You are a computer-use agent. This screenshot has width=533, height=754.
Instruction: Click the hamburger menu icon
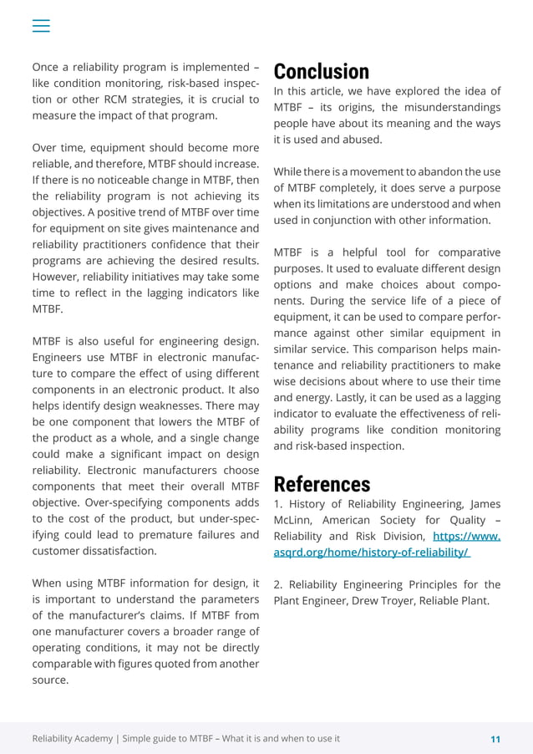(x=41, y=26)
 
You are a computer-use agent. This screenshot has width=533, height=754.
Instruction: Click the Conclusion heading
(x=321, y=71)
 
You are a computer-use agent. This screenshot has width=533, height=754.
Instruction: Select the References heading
(x=322, y=484)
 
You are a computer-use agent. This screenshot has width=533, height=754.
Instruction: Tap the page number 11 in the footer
(x=495, y=739)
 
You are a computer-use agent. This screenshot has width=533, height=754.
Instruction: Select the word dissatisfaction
(x=118, y=551)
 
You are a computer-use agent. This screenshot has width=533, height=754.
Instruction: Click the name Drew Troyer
(x=385, y=600)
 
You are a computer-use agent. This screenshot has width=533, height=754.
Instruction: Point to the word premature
(x=180, y=535)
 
